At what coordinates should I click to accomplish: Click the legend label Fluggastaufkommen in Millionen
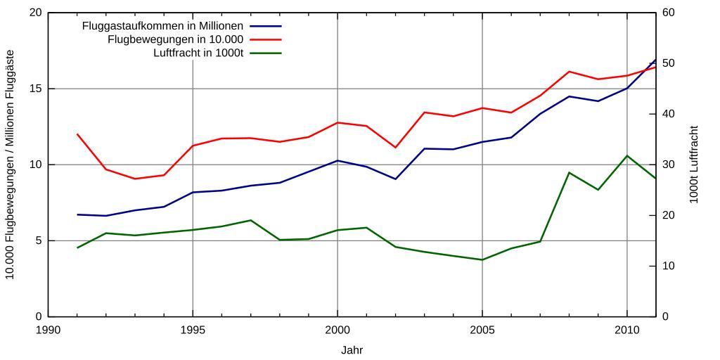pos(162,26)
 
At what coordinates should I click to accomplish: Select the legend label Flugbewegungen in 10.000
pos(175,39)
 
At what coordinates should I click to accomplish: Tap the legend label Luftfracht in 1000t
pos(198,53)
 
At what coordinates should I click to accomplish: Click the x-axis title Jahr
pos(352,349)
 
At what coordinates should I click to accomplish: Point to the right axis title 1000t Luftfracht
pos(694,165)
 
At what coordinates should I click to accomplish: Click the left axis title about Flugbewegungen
pos(11,165)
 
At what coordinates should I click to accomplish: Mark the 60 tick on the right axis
pos(669,13)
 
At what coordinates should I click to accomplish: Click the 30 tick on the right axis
pos(669,165)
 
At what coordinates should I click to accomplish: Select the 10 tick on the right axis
pos(669,266)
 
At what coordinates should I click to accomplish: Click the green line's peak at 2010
pos(626,155)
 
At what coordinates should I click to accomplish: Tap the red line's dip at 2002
pos(395,148)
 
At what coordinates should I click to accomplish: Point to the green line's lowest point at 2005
pos(482,259)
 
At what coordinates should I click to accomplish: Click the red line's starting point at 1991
pos(77,134)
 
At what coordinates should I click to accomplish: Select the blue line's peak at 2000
pos(337,160)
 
